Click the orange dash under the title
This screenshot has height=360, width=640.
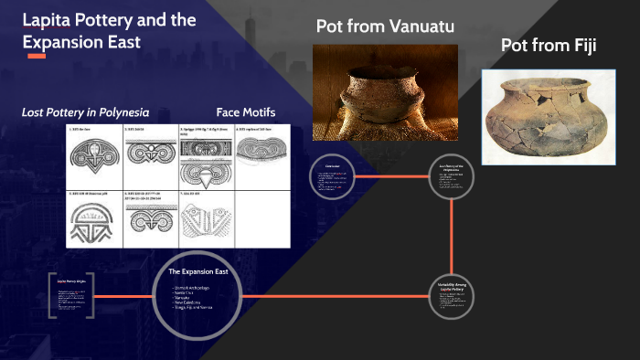click(37, 57)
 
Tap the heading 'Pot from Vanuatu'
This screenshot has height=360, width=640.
click(385, 26)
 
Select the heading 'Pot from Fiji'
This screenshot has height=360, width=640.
click(549, 45)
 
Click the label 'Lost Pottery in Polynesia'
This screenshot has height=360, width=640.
click(85, 112)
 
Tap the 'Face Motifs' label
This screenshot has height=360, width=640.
click(246, 112)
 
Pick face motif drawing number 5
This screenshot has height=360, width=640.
click(94, 219)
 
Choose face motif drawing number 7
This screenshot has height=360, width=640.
click(206, 219)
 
